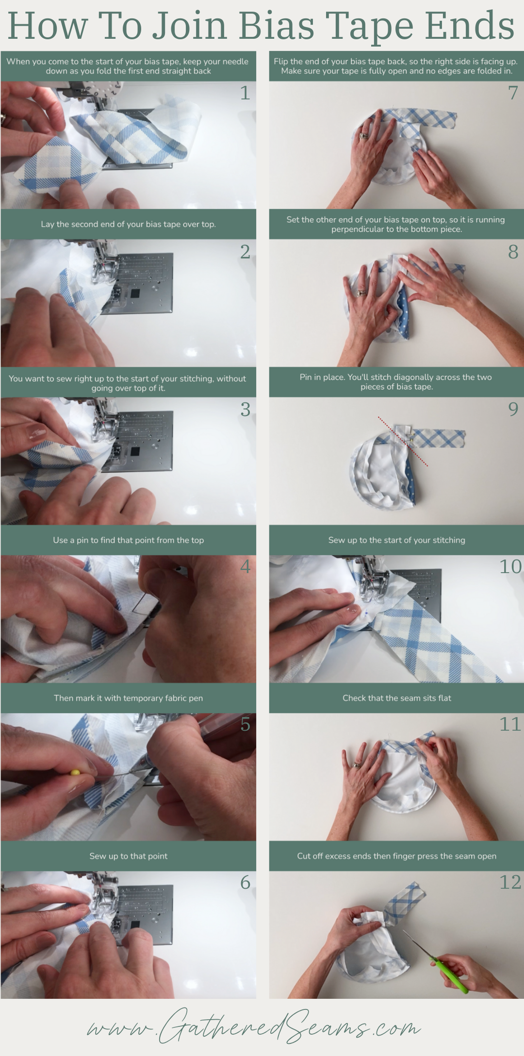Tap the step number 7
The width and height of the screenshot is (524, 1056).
513,93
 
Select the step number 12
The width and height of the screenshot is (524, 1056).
510,882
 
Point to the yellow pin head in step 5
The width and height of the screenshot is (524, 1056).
75,772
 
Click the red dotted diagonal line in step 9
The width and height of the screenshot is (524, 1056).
403,441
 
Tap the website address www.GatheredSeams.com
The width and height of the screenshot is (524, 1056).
254,1027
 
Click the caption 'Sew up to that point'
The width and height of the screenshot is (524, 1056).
128,856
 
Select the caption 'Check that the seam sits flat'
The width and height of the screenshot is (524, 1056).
396,698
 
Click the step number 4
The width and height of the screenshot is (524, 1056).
246,566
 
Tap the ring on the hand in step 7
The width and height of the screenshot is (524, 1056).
363,136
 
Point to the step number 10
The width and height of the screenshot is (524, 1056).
510,566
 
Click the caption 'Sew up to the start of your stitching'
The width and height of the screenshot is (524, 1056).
396,540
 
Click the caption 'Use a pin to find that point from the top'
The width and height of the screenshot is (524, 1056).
128,540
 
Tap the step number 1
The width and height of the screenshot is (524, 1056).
246,93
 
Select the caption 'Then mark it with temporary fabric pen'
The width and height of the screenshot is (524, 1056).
128,698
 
